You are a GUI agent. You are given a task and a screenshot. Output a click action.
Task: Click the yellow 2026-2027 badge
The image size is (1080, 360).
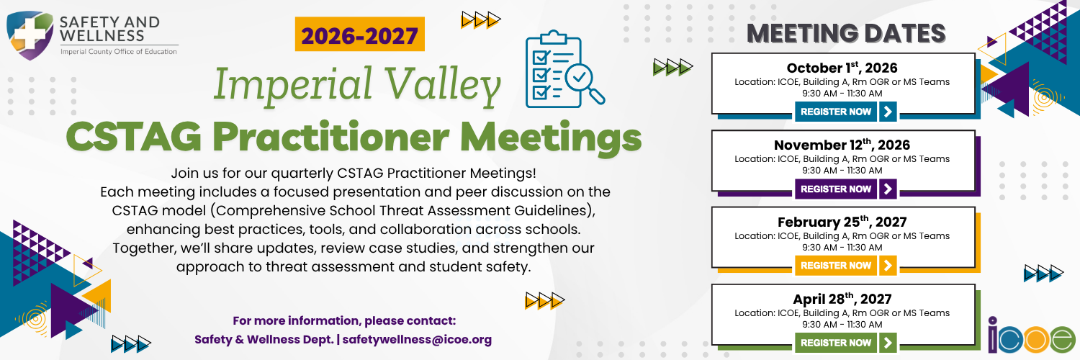[x=360, y=35]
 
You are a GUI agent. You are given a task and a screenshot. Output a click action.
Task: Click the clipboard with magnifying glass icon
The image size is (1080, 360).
[x=564, y=69]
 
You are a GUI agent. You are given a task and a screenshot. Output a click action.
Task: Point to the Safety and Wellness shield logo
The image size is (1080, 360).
[x=30, y=35]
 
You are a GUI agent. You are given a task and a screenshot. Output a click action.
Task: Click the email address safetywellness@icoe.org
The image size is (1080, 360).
[x=417, y=339]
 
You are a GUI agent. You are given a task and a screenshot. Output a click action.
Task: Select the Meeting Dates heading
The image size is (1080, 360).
[x=846, y=33]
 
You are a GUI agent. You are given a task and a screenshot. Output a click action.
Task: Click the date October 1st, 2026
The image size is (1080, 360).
[x=842, y=68]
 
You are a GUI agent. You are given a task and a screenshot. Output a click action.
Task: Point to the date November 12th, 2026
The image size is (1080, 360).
[x=842, y=145]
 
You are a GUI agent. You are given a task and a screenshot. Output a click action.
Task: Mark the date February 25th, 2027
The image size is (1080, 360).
[x=842, y=222]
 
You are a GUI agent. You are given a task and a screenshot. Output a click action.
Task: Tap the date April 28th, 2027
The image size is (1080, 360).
[x=842, y=299]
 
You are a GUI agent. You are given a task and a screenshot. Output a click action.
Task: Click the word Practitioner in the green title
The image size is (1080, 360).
[x=330, y=137]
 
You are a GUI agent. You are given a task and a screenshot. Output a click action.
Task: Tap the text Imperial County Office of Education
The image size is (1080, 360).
[x=119, y=52]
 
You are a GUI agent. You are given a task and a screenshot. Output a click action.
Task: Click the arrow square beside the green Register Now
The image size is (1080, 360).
[x=888, y=343]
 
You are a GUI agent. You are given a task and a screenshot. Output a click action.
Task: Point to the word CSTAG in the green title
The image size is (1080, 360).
[x=134, y=137]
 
